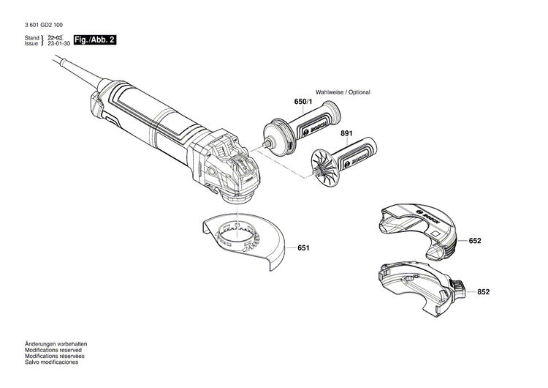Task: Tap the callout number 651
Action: pyautogui.click(x=304, y=248)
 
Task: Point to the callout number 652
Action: pyautogui.click(x=475, y=240)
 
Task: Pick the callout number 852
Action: pyautogui.click(x=483, y=291)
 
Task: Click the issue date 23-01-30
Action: pyautogui.click(x=58, y=44)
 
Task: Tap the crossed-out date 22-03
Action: pyautogui.click(x=56, y=37)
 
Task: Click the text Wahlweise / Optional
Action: pyautogui.click(x=343, y=92)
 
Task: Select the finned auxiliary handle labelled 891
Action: pyautogui.click(x=343, y=157)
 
